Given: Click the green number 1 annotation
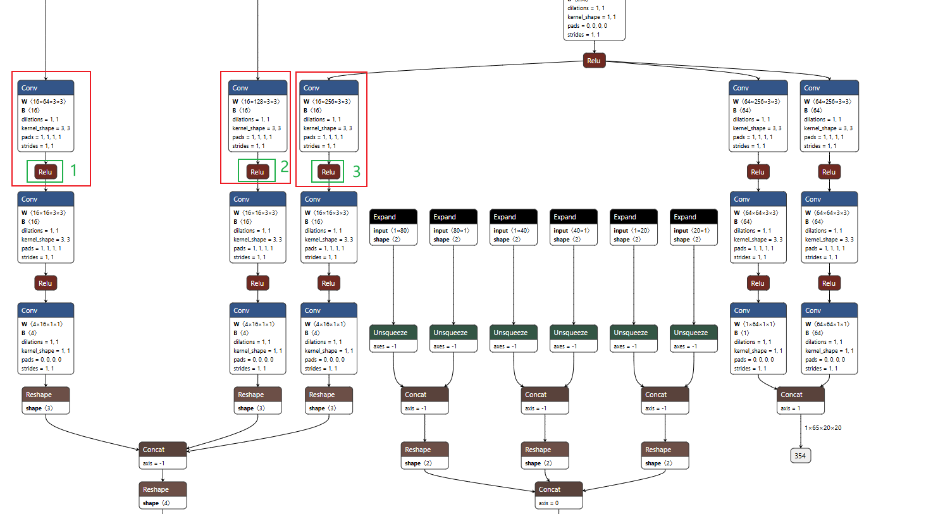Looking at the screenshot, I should click(74, 170).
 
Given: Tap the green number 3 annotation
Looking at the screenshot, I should click(357, 171).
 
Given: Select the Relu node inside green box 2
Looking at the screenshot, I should click(257, 172).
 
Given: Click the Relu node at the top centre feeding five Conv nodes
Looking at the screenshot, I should click(594, 61).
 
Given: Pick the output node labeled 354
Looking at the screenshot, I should click(800, 456).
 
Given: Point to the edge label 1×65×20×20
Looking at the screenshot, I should click(823, 428).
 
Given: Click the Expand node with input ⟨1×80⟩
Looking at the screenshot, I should click(393, 217).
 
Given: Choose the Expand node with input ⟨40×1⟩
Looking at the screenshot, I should click(573, 217).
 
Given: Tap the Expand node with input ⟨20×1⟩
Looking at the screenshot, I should click(693, 217).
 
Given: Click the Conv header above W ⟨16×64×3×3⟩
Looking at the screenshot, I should click(46, 88).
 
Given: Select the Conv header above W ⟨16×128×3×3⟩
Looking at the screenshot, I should click(257, 88).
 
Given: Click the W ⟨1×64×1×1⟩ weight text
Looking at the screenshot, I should click(753, 324).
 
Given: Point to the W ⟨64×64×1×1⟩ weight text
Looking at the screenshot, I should click(827, 324).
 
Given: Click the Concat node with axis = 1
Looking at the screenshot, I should click(800, 395).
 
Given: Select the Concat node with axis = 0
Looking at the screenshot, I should click(558, 489).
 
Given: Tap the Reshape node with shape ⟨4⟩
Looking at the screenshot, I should click(163, 489).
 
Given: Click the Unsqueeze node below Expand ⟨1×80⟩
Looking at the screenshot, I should click(393, 333).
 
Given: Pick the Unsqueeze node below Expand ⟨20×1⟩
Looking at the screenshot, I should click(693, 333).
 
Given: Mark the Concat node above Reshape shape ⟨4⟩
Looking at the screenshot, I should click(163, 450).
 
